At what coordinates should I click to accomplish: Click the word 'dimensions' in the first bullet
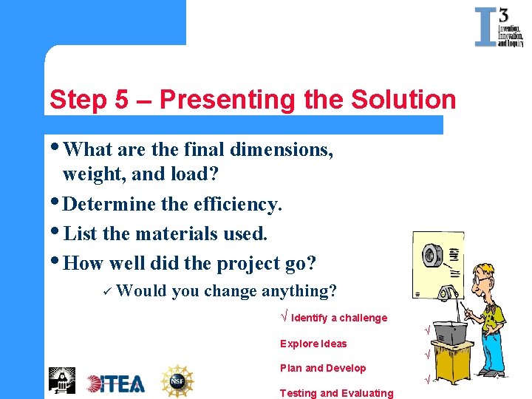pyautogui.click(x=281, y=149)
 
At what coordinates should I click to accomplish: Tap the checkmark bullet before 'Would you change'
pyautogui.click(x=107, y=291)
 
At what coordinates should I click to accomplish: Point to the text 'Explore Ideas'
pyautogui.click(x=313, y=344)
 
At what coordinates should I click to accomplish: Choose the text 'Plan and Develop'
pyautogui.click(x=323, y=368)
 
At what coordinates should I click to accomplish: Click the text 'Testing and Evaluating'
pyautogui.click(x=336, y=393)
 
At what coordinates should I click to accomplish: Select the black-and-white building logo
pyautogui.click(x=62, y=380)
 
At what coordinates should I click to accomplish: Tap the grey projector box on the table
pyautogui.click(x=451, y=332)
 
